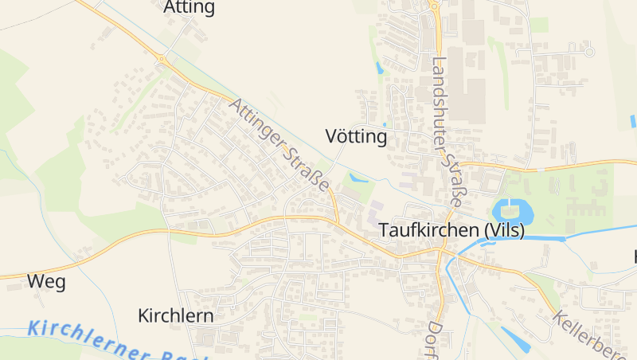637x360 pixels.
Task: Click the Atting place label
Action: coord(189,8)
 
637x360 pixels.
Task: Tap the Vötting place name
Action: coord(356,136)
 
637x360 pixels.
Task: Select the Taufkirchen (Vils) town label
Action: coord(451,229)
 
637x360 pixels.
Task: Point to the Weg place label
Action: coord(46,281)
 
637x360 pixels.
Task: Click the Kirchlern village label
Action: coord(175,315)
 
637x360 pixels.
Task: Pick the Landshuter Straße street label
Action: coord(445,132)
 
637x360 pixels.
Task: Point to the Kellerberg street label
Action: coord(593,332)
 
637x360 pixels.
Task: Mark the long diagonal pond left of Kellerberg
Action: coord(515,338)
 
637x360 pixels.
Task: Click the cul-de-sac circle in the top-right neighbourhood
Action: coord(590,52)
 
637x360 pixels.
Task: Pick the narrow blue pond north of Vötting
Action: coord(378,67)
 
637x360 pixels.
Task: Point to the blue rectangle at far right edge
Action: coord(634,122)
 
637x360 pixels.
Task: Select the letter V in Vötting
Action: coord(332,136)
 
